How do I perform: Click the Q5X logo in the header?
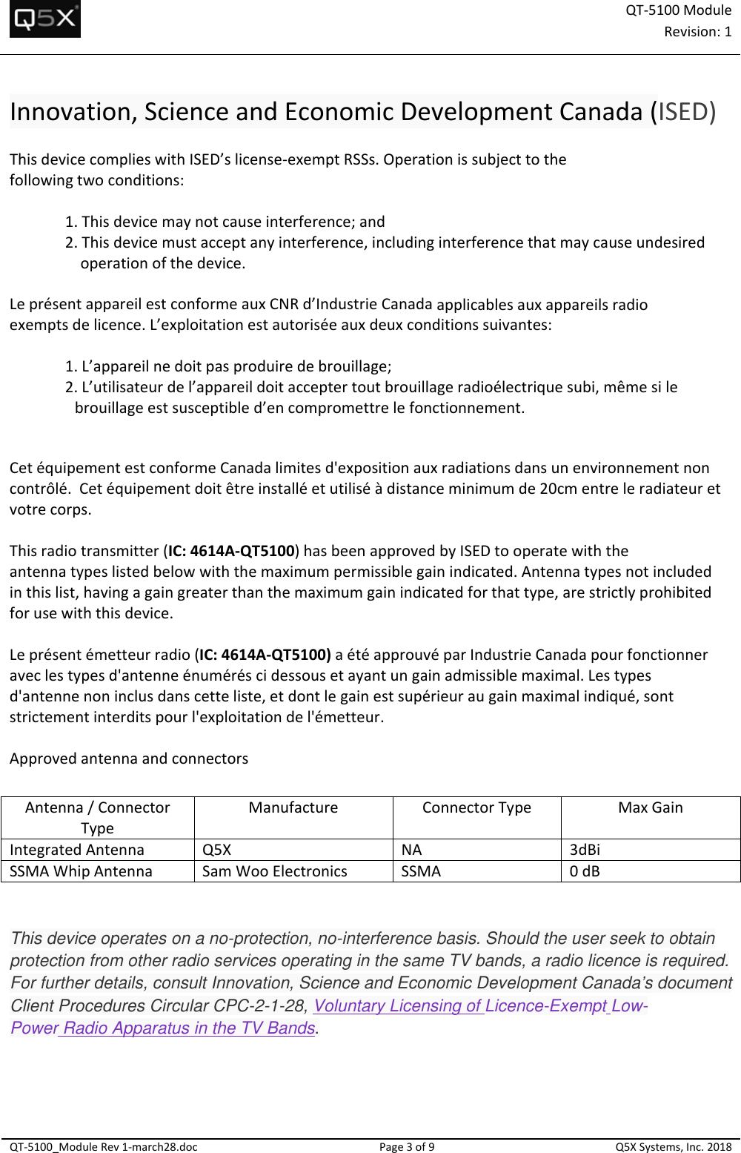(x=45, y=19)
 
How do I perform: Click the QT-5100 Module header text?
(x=678, y=10)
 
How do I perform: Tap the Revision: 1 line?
(x=697, y=32)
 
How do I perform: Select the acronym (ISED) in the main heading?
(x=682, y=112)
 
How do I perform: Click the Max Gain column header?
(x=651, y=808)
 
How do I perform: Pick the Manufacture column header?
(x=293, y=808)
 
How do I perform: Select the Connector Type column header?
(x=476, y=808)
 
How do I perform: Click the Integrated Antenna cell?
(x=77, y=850)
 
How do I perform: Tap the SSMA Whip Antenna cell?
(x=81, y=871)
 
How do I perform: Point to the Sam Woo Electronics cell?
(x=275, y=871)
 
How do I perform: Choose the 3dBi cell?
(x=585, y=850)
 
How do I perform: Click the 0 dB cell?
(x=585, y=871)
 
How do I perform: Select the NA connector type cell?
(x=411, y=850)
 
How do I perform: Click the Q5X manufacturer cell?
(x=216, y=850)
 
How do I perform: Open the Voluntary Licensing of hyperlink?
(x=398, y=1006)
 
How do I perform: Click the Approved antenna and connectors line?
(x=129, y=759)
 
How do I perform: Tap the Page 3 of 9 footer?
(x=407, y=1147)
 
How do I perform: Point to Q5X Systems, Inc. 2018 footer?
(x=673, y=1147)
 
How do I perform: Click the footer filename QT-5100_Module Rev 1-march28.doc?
(x=104, y=1147)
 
